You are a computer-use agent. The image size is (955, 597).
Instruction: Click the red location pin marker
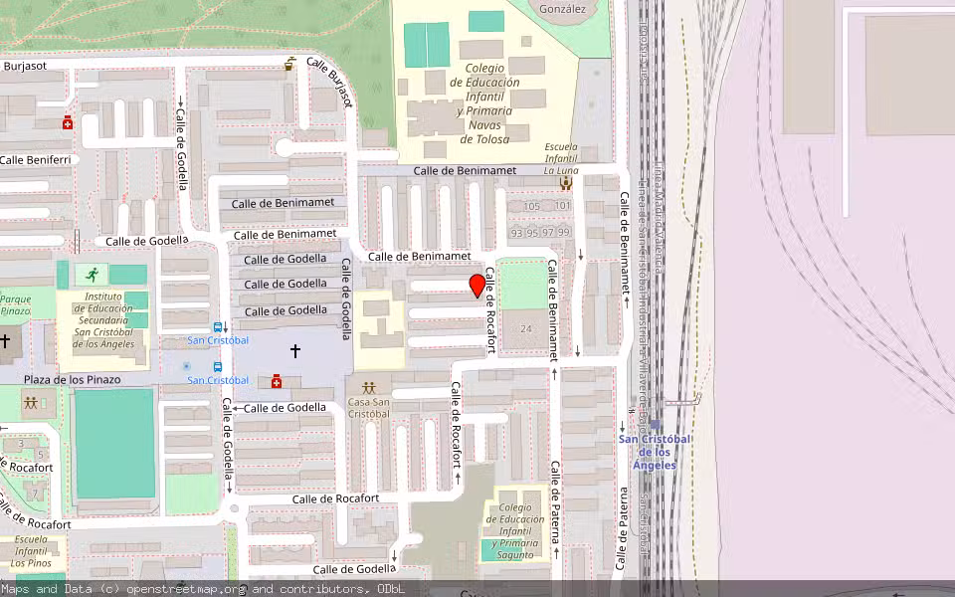click(477, 285)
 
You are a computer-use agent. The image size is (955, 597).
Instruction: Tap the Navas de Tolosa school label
click(484, 103)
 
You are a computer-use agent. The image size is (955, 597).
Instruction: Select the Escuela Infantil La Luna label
click(561, 159)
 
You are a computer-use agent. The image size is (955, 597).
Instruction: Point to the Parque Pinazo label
click(15, 304)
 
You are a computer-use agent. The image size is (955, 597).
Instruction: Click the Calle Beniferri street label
click(35, 159)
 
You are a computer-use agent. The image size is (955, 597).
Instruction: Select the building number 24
click(525, 328)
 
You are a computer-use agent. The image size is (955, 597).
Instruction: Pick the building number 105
click(531, 206)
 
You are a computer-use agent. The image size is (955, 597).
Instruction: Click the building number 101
click(563, 206)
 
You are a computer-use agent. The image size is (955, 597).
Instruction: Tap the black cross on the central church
click(294, 350)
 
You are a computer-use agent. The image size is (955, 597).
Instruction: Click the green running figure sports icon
click(93, 274)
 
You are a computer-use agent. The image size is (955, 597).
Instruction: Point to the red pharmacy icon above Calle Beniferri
click(68, 122)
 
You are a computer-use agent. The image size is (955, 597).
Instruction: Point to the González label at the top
click(562, 9)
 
